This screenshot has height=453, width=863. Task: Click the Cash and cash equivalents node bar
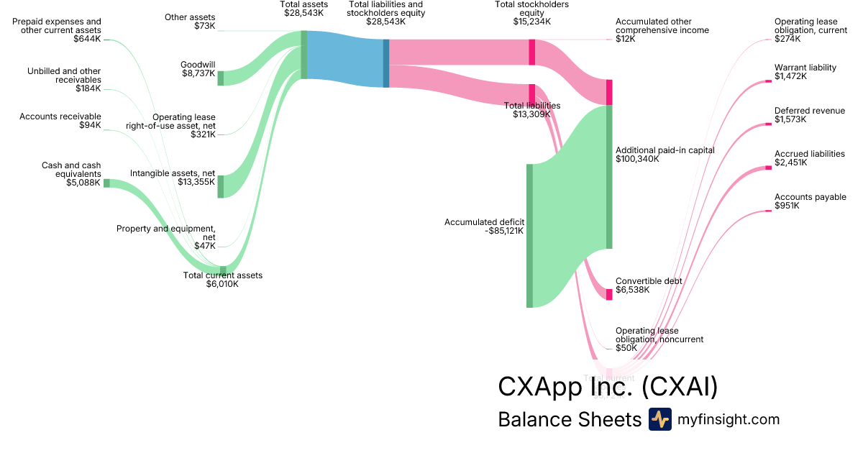(x=106, y=183)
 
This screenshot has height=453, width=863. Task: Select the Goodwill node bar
(x=221, y=78)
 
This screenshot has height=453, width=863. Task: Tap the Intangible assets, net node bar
(x=221, y=186)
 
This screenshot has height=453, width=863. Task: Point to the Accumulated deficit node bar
(x=529, y=236)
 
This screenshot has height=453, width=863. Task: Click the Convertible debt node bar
(x=609, y=293)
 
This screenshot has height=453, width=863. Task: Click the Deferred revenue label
(x=809, y=111)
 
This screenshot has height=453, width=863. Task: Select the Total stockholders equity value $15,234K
(x=531, y=22)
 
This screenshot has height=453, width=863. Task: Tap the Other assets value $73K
(x=204, y=26)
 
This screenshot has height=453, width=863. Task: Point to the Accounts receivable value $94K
(x=90, y=125)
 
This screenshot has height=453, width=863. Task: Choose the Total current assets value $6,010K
(x=222, y=284)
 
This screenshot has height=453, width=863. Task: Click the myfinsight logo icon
(x=659, y=419)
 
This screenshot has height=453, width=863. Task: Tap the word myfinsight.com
(x=729, y=419)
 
